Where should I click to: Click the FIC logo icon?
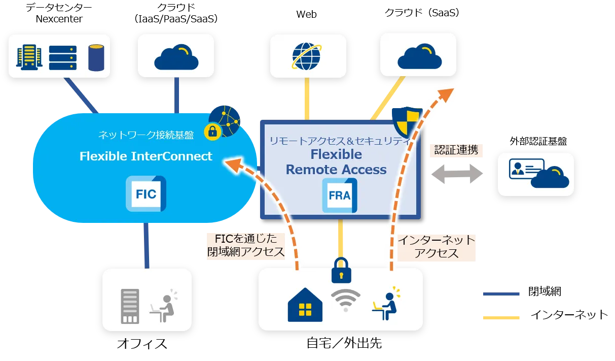click(146, 193)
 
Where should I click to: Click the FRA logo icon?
click(340, 195)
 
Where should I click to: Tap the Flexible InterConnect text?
click(146, 156)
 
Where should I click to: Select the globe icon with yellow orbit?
click(306, 56)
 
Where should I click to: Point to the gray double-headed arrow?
click(455, 174)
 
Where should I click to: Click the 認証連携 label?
click(456, 150)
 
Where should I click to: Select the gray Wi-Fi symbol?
click(345, 300)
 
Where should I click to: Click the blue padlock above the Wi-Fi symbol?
click(341, 270)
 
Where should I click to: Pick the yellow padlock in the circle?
click(212, 132)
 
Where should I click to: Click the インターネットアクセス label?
click(436, 246)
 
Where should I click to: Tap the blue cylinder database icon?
click(96, 57)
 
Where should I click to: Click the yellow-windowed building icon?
click(28, 57)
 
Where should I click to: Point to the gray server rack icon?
click(130, 306)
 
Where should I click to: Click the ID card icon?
click(526, 169)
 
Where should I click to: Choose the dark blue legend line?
click(502, 294)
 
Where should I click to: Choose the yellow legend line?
click(502, 317)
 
